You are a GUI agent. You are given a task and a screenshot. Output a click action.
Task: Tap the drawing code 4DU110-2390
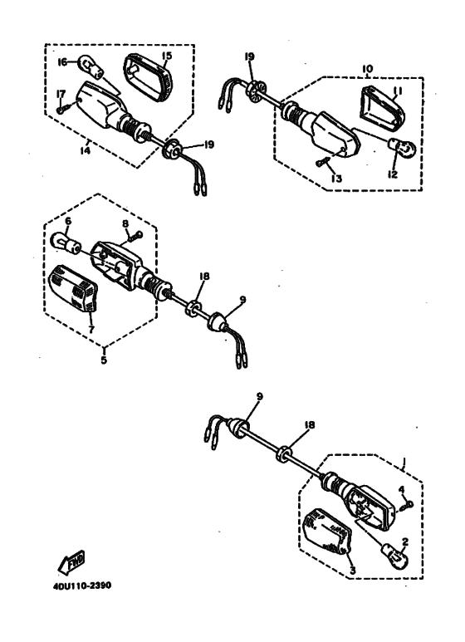pyautogui.click(x=82, y=586)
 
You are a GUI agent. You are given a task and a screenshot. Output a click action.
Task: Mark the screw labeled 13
pyautogui.click(x=324, y=161)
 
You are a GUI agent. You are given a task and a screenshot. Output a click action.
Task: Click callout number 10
pyautogui.click(x=367, y=69)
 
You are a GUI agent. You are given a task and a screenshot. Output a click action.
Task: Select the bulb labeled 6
pyautogui.click(x=65, y=243)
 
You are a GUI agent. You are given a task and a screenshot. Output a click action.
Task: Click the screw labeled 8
pyautogui.click(x=135, y=236)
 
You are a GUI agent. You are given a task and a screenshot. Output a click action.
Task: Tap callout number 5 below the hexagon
pyautogui.click(x=104, y=360)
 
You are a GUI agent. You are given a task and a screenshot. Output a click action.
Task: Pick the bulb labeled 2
pyautogui.click(x=394, y=556)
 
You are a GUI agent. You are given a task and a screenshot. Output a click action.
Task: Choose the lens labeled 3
pyautogui.click(x=330, y=530)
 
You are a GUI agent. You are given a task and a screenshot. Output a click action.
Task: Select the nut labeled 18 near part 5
pyautogui.click(x=193, y=307)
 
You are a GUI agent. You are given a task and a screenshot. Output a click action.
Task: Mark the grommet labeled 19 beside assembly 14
pyautogui.click(x=173, y=149)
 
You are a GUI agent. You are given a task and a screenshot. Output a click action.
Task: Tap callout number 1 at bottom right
pyautogui.click(x=404, y=463)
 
